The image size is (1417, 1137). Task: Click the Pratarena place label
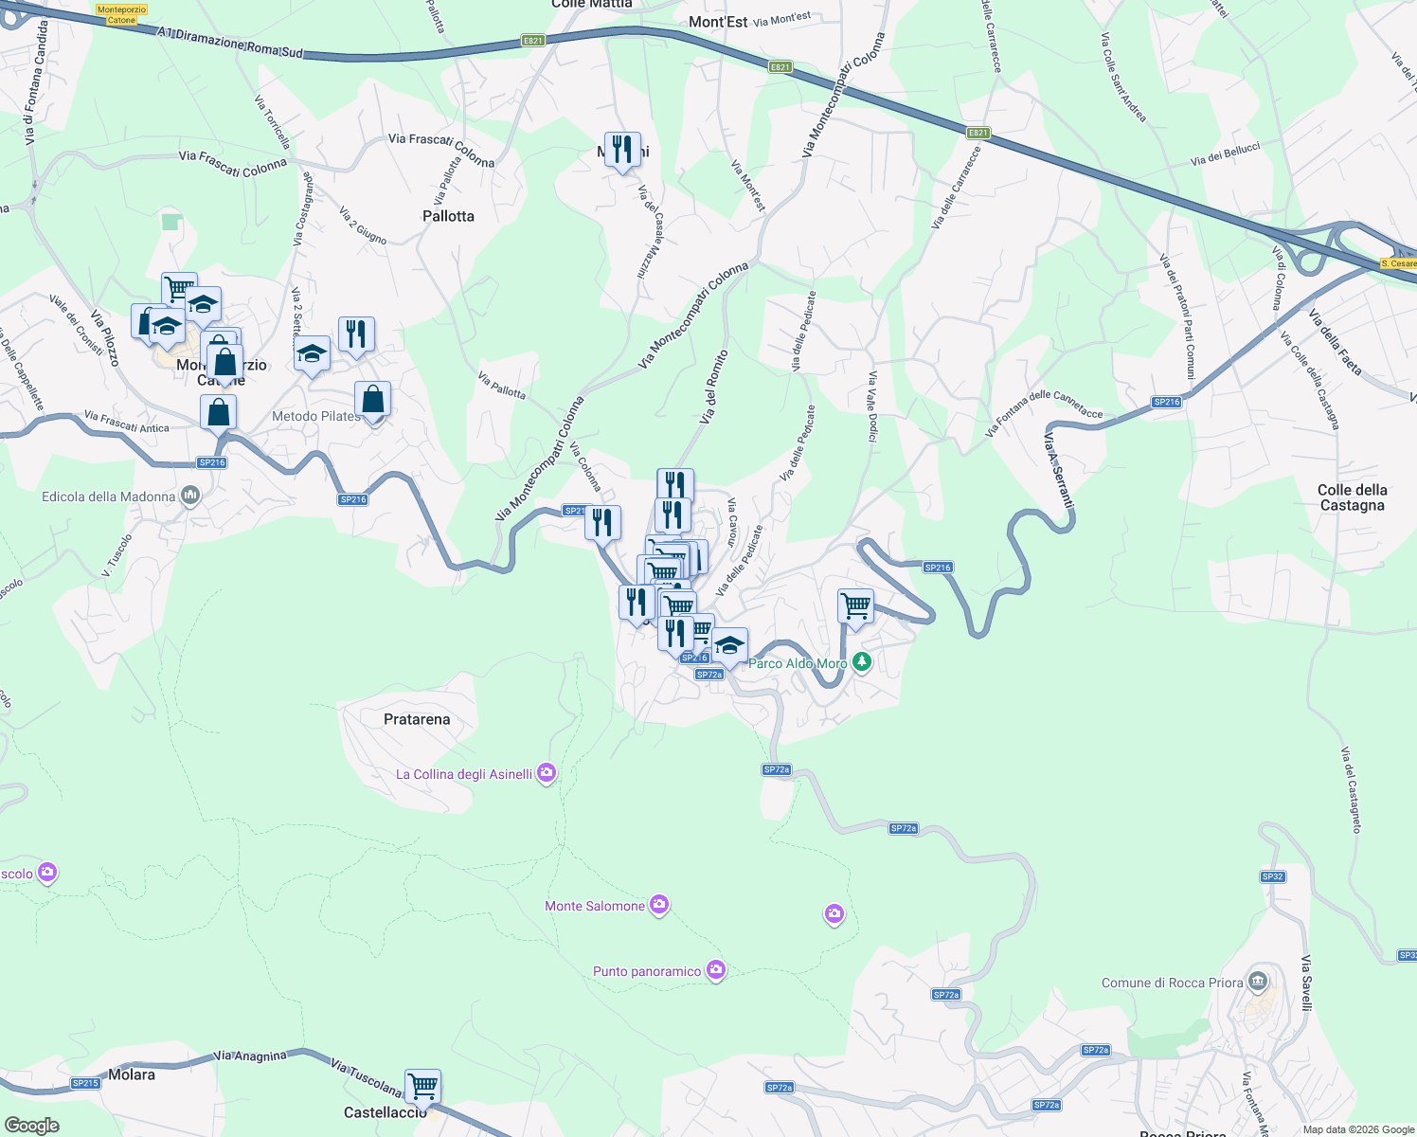(417, 719)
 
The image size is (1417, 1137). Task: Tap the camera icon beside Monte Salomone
(659, 906)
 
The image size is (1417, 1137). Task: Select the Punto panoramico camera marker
(716, 970)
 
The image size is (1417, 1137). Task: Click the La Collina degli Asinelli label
(464, 774)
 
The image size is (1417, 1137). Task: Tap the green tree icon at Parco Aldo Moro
(861, 661)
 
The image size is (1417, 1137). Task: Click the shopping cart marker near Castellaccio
(422, 1086)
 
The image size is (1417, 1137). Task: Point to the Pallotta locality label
(448, 216)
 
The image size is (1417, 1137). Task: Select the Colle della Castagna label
(1352, 497)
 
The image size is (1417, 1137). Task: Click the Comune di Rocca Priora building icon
(1258, 981)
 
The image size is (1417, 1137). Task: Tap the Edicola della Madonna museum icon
(190, 496)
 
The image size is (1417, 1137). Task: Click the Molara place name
(132, 1074)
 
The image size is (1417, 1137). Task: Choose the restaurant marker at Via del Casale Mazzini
(622, 150)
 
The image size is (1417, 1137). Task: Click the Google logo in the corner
(31, 1126)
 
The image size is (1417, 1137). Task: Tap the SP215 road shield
(85, 1083)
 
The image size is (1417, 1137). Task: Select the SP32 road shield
(1272, 876)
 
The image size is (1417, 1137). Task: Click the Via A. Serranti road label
(1058, 470)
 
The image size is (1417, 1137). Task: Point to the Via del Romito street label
(714, 388)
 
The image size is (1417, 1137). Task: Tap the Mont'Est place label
(718, 22)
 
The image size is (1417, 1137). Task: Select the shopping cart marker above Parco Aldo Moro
(855, 605)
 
